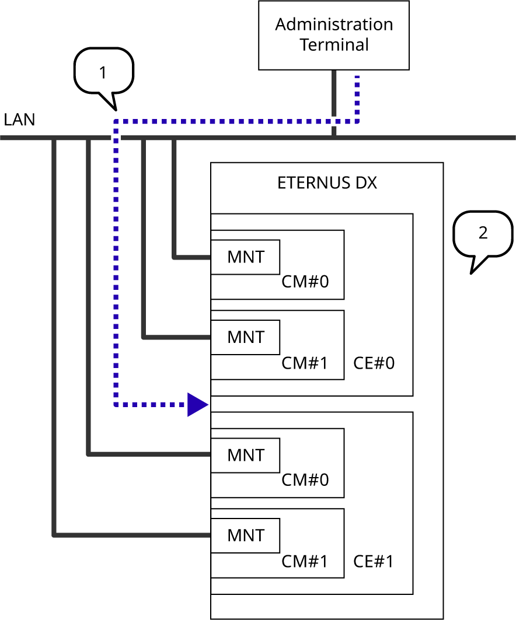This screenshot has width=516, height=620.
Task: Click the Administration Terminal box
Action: click(x=334, y=35)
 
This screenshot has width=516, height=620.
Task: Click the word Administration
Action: click(x=334, y=24)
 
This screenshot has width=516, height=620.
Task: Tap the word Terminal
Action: click(x=334, y=45)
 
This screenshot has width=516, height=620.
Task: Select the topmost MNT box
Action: click(x=245, y=257)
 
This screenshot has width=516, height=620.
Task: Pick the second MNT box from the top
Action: click(x=245, y=337)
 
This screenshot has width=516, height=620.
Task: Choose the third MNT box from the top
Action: click(x=245, y=455)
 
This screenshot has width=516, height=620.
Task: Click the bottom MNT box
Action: click(x=245, y=535)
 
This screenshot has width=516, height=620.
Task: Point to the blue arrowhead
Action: click(x=197, y=404)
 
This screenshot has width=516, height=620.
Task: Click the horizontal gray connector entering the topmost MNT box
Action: click(x=193, y=257)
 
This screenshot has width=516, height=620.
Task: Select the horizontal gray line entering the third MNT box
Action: click(x=149, y=454)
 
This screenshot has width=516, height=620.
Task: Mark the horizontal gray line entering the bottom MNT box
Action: click(x=132, y=534)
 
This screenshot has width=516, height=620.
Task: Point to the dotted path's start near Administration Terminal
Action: click(x=357, y=80)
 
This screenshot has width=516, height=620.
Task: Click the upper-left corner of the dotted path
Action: click(x=116, y=121)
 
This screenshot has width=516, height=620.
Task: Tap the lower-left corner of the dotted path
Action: click(x=116, y=404)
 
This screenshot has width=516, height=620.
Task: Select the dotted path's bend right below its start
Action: click(x=357, y=121)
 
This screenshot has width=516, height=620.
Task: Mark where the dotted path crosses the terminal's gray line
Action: click(x=334, y=121)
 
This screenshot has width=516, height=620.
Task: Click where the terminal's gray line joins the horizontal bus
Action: click(x=334, y=138)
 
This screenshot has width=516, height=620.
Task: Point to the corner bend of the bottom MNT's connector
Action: click(x=54, y=534)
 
